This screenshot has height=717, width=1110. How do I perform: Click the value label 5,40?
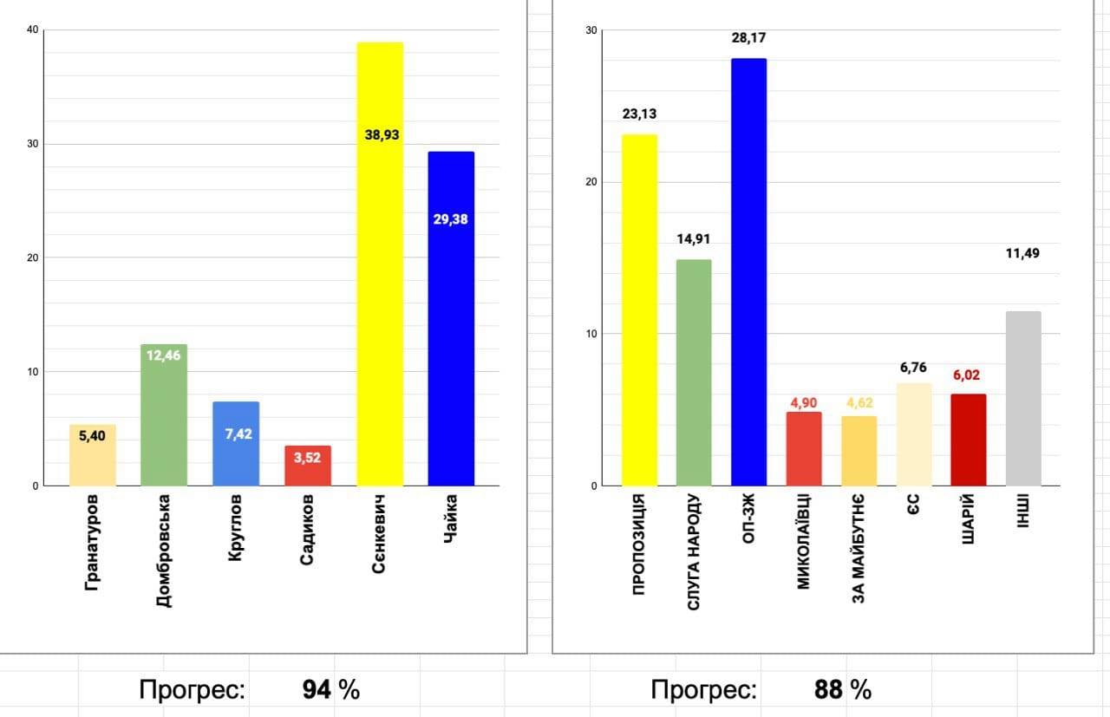93,436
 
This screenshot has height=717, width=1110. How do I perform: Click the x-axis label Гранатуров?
92,543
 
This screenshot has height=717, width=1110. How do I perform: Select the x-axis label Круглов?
235,528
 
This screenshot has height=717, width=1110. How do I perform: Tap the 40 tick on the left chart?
32,30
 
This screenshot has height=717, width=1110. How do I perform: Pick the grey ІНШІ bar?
1023,399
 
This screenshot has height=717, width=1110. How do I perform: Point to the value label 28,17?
748,38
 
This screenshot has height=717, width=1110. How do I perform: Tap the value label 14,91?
694,239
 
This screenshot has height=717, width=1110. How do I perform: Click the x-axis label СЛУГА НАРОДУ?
694,552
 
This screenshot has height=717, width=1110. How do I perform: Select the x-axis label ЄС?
914,505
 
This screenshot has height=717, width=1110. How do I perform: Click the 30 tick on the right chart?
592,30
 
